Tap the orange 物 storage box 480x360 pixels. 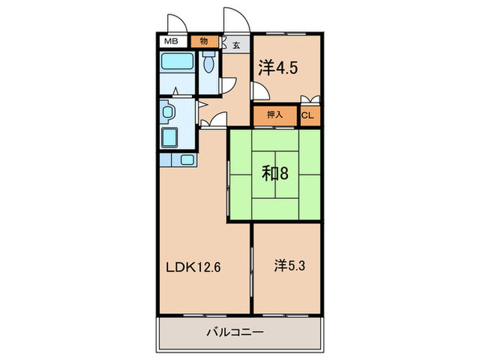(x=204, y=41)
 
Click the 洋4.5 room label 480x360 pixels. (x=278, y=67)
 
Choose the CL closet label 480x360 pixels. (x=308, y=116)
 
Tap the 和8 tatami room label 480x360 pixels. (x=275, y=173)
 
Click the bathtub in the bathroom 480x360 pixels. (x=178, y=68)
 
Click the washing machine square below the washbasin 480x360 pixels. (x=169, y=136)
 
